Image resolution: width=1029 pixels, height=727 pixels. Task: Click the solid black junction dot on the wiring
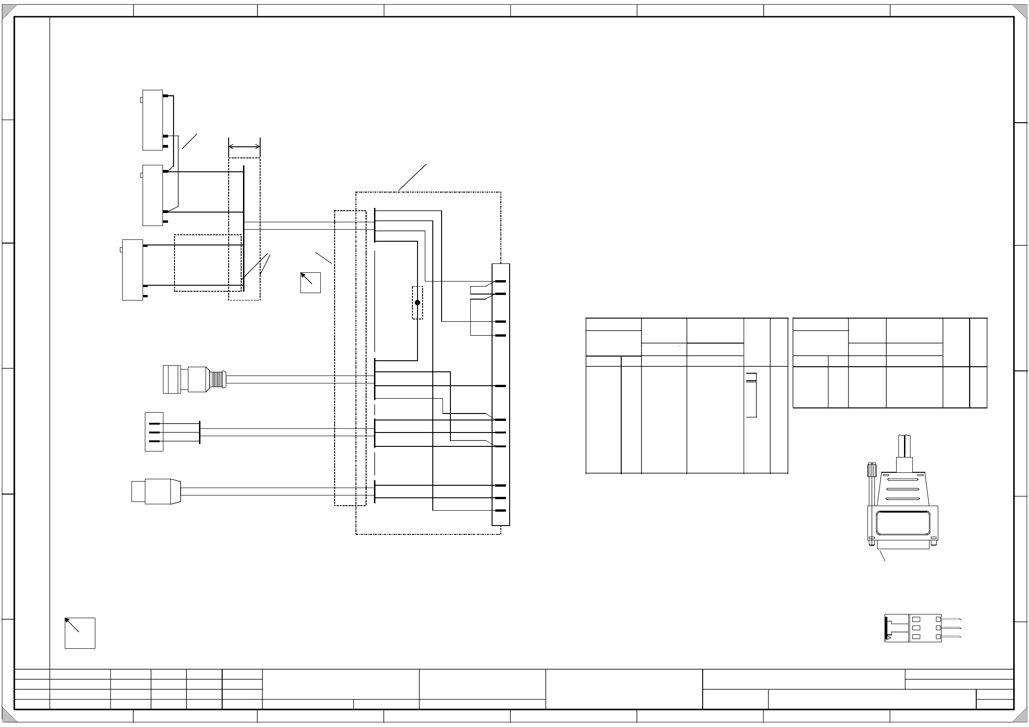(x=417, y=302)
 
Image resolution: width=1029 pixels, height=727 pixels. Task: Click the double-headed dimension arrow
(x=244, y=147)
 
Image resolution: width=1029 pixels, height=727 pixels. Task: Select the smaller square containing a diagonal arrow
(x=310, y=282)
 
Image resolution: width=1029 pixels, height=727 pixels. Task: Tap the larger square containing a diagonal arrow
(x=80, y=633)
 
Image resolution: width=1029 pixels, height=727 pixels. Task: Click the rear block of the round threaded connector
(x=172, y=379)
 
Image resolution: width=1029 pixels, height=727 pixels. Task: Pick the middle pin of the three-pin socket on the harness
(x=155, y=432)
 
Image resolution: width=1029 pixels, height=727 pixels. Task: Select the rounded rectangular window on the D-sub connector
(x=902, y=523)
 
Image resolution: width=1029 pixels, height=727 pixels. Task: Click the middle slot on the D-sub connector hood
(x=902, y=489)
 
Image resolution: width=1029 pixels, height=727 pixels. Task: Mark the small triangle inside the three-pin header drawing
(x=888, y=638)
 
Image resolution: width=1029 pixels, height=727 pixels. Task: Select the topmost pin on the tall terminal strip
(x=500, y=281)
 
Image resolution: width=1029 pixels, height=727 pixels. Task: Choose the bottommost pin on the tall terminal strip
(x=500, y=510)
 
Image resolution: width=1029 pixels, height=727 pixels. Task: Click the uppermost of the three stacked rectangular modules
(x=153, y=120)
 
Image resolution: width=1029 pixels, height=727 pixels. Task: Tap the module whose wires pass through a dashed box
(x=132, y=269)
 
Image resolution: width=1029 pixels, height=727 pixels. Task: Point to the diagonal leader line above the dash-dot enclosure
(x=412, y=177)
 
